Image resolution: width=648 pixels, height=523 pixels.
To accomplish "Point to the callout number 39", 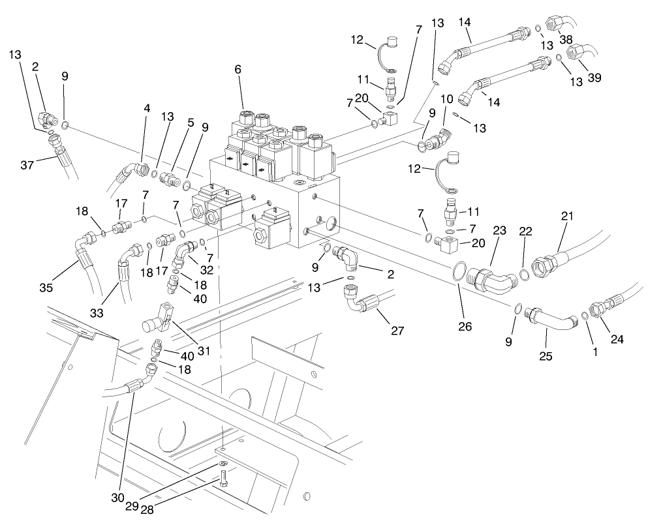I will pos(593,78).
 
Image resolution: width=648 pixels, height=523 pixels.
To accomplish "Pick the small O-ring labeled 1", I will pos(585,316).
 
